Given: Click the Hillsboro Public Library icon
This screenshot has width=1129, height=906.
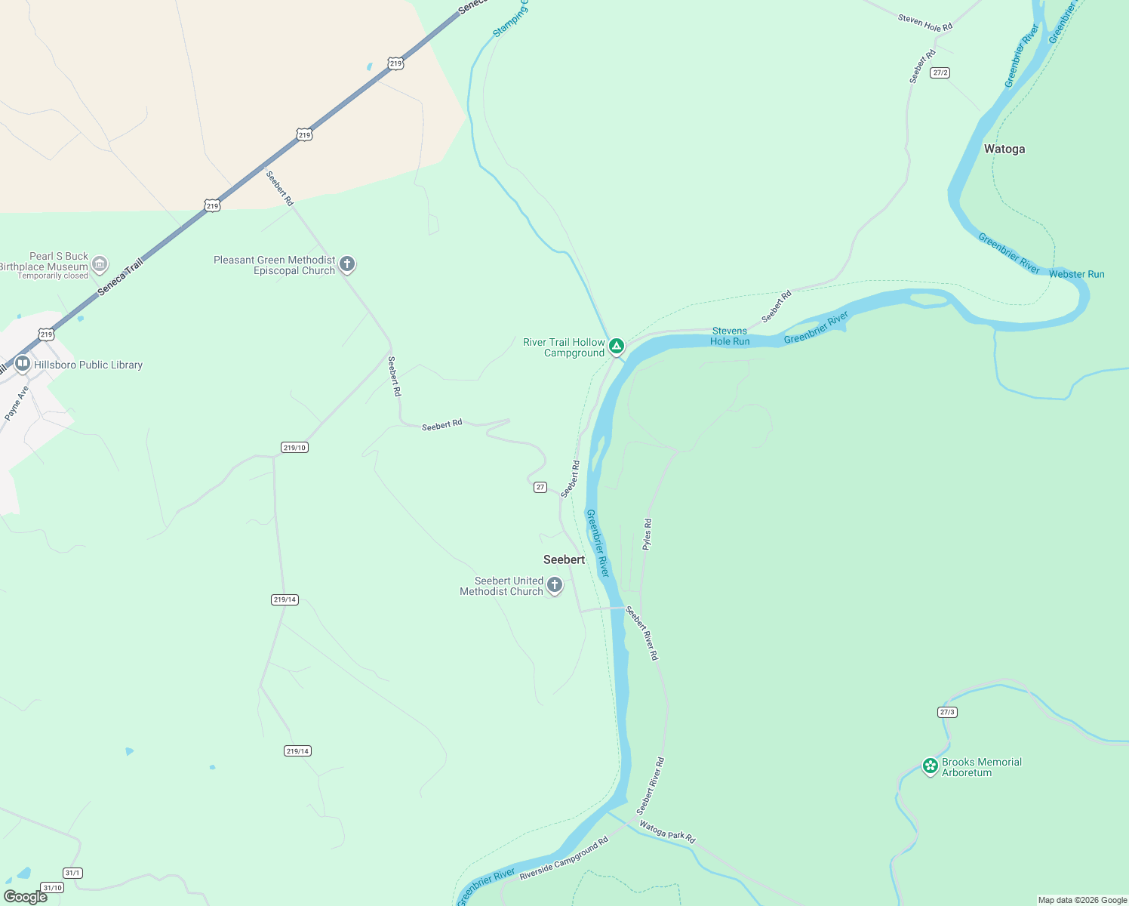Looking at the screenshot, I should point(23,365).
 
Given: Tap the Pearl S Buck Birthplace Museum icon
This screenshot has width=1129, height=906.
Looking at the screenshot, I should point(100,265).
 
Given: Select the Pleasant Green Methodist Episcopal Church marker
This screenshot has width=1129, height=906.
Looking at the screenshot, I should point(347,264).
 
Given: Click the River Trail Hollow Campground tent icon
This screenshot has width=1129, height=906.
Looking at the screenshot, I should point(617,347).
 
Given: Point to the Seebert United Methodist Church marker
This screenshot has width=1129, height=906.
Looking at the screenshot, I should point(555,585).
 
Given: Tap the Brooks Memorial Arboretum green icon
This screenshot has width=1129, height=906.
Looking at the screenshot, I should point(931,766).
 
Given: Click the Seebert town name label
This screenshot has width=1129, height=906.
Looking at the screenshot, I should point(564,559).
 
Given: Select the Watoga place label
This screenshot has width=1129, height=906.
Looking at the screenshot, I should point(1004,149).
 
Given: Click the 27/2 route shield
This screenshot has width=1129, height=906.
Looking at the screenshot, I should point(940,72).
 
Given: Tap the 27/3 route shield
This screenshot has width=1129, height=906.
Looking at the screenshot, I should point(947,712).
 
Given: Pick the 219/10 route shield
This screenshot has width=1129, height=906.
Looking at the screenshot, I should point(294,448).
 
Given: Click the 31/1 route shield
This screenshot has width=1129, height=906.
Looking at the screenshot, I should point(72,873).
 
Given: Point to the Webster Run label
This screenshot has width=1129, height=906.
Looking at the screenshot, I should point(1076,274).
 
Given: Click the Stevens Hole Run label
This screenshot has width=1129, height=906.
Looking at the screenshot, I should point(730,336).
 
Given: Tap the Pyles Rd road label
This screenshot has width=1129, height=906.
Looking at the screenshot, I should point(647,534).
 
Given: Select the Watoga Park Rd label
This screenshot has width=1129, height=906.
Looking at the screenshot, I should point(667,831).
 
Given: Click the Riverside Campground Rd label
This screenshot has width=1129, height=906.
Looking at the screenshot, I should point(564,858).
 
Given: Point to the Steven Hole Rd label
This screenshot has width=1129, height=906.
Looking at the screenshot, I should point(925,22).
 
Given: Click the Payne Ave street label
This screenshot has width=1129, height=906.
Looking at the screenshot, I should point(16,403).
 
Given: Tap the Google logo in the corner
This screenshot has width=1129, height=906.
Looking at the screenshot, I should point(26,896).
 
